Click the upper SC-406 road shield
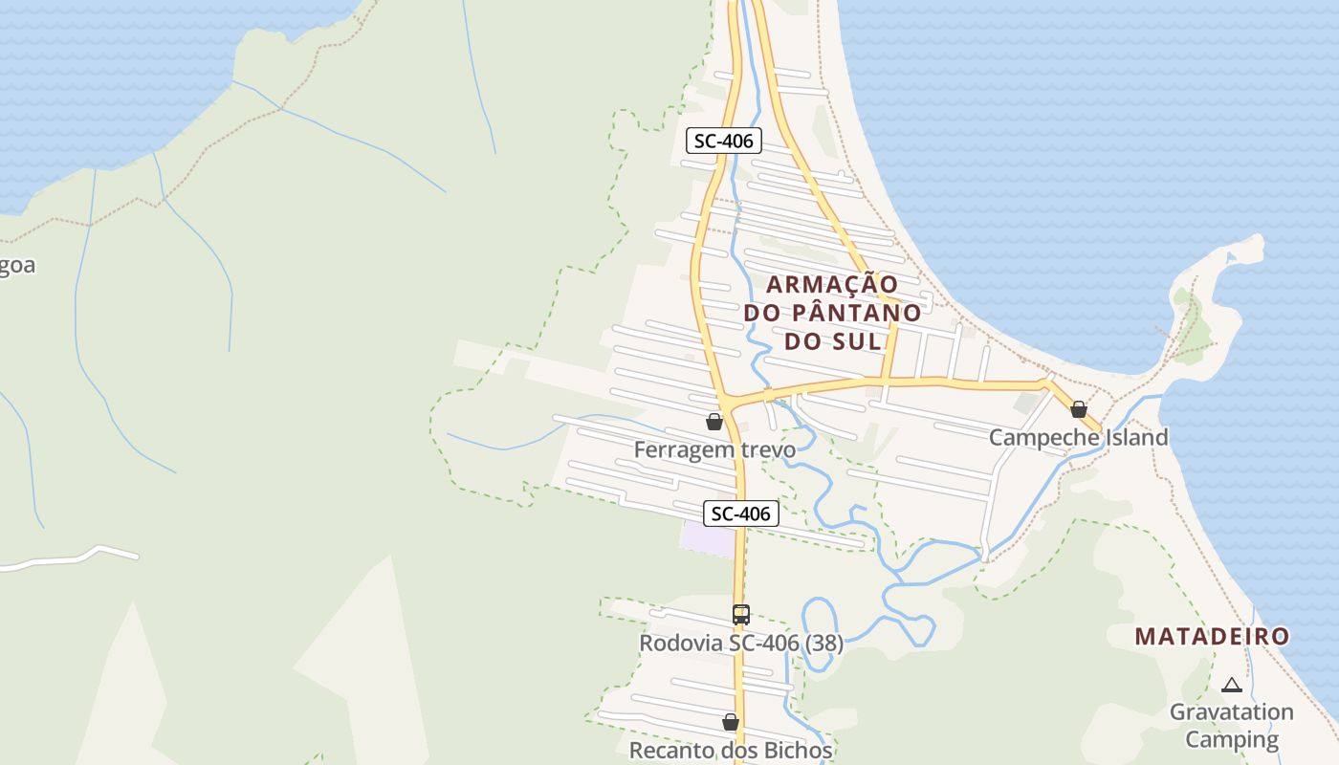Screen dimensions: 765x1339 click(x=723, y=141)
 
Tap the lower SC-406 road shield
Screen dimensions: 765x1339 click(x=741, y=514)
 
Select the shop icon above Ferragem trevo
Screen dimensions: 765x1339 click(x=713, y=422)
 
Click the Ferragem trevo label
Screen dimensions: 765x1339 click(x=714, y=449)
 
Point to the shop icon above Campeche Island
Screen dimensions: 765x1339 click(x=1079, y=409)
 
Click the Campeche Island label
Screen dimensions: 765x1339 click(x=1078, y=437)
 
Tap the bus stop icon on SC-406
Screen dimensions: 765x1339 click(x=740, y=615)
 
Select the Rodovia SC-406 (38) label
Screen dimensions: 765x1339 click(x=741, y=644)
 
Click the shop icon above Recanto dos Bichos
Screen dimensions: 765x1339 click(x=731, y=722)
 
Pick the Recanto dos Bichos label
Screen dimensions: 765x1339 click(x=731, y=750)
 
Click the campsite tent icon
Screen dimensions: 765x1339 click(x=1231, y=685)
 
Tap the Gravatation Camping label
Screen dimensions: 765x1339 click(x=1231, y=725)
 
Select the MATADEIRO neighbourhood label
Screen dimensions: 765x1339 click(x=1212, y=636)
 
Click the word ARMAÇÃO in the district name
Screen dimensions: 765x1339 click(x=832, y=284)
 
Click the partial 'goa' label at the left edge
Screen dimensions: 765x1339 click(x=17, y=265)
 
